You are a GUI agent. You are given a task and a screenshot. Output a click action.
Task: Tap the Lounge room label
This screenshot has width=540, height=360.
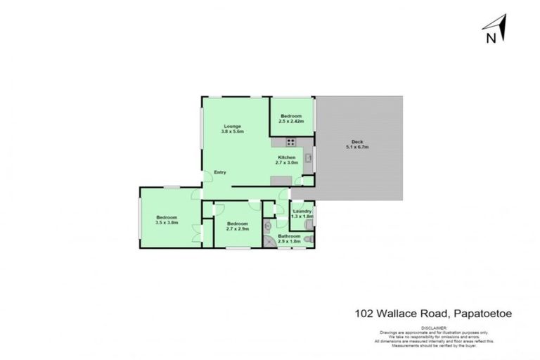coord(232,126)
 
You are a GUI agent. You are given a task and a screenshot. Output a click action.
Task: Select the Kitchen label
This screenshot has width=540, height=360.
coord(287,157)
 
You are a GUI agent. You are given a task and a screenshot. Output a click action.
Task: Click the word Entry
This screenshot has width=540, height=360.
coord(220,173)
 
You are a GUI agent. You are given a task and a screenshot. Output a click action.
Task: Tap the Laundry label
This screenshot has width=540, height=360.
coord(302,211)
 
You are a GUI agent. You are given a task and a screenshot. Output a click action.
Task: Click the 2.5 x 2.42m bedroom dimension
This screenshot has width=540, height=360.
coord(291,121)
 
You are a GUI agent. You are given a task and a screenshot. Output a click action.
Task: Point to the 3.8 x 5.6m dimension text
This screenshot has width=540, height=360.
coord(232,131)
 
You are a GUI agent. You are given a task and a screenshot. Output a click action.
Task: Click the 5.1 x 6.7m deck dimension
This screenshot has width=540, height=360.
coord(357,146)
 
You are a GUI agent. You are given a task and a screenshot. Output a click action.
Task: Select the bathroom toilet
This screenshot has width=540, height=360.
coord(309,239)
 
